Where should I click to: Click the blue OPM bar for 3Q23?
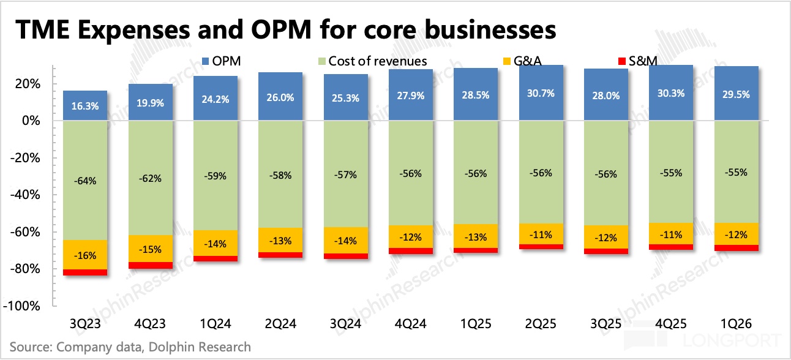(x=85, y=105)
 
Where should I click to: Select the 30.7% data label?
(x=541, y=93)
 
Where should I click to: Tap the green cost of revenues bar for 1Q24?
(x=216, y=175)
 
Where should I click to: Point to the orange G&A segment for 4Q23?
(x=151, y=249)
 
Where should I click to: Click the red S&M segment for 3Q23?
(x=85, y=272)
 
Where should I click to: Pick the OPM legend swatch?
(x=205, y=61)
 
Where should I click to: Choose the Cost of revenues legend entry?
(x=373, y=61)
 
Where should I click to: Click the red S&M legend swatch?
(x=622, y=61)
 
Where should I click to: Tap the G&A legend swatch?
(x=507, y=61)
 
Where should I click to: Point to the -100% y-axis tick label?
(x=21, y=306)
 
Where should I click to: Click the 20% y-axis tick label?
(x=27, y=84)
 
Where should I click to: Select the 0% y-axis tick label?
(x=31, y=121)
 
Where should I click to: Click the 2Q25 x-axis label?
(x=541, y=324)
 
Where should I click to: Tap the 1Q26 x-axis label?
(x=737, y=324)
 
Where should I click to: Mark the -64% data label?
(x=85, y=181)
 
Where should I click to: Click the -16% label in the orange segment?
(x=85, y=255)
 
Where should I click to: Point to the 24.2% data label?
(x=216, y=99)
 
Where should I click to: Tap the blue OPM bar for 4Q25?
(x=671, y=92)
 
